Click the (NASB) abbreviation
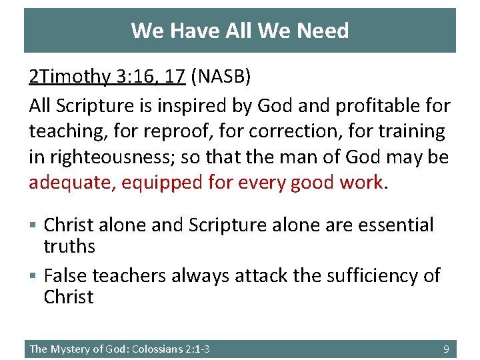click(x=221, y=77)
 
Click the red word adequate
click(x=69, y=182)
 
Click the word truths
click(x=69, y=247)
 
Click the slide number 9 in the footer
click(x=447, y=349)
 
